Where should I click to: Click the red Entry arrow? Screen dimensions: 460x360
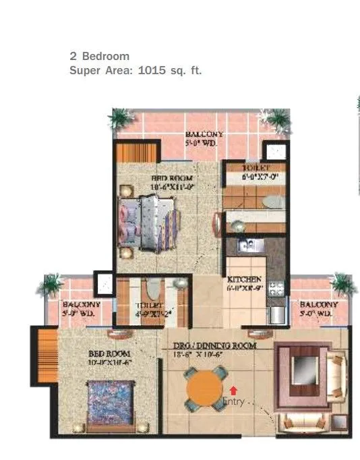[x=233, y=389]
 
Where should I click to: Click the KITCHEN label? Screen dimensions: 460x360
[x=239, y=279]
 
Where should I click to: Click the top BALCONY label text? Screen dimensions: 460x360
[x=204, y=135]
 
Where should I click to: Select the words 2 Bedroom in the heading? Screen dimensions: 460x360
[x=99, y=56]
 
